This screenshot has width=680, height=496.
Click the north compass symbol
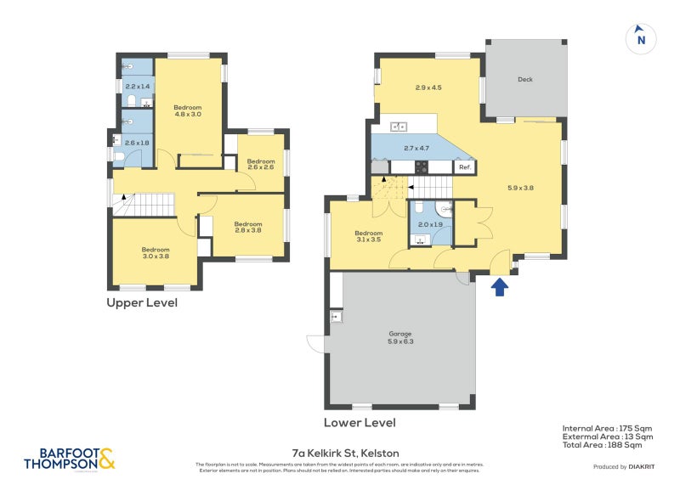pyautogui.click(x=641, y=38)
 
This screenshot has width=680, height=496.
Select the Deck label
pyautogui.click(x=525, y=80)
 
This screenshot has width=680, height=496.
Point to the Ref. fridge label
pyautogui.click(x=465, y=167)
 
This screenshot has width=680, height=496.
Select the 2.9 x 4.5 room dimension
pyautogui.click(x=428, y=87)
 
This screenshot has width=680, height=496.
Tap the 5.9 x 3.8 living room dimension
pyautogui.click(x=520, y=188)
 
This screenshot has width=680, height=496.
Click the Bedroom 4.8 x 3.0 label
pyautogui.click(x=188, y=110)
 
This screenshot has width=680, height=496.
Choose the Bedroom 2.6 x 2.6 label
pyautogui.click(x=261, y=164)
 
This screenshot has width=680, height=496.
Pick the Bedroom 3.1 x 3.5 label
pyautogui.click(x=368, y=237)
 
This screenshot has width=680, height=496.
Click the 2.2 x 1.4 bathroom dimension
pyautogui.click(x=137, y=87)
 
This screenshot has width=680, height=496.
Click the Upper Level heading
pyautogui.click(x=142, y=302)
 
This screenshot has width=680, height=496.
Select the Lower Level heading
pyautogui.click(x=360, y=422)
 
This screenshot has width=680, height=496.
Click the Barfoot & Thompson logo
pyautogui.click(x=68, y=459)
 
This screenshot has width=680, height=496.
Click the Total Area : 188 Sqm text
pyautogui.click(x=607, y=444)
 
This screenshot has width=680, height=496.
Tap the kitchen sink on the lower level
pyautogui.click(x=399, y=127)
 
